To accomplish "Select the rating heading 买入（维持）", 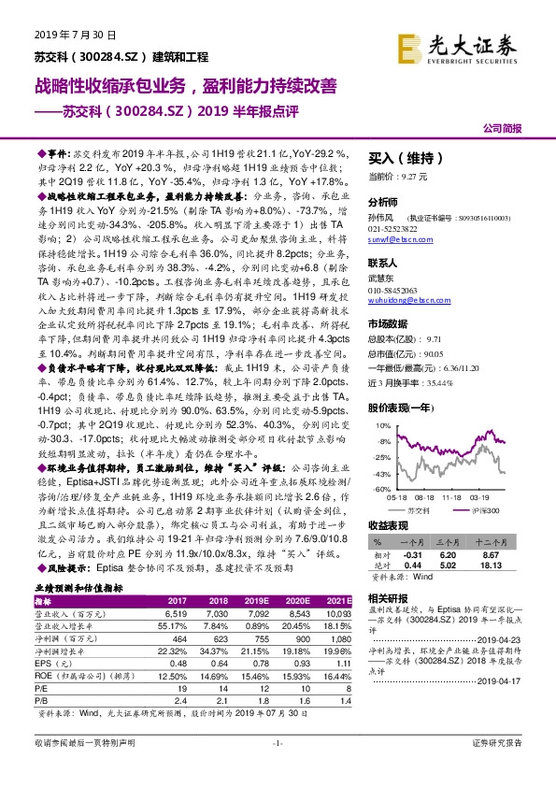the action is point(400,158).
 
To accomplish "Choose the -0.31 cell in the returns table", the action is point(412,554).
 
